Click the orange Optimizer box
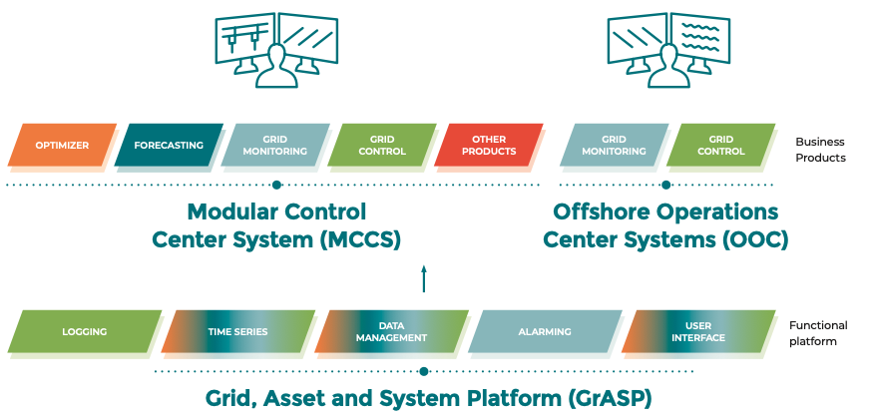point(62,146)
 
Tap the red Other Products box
point(488,146)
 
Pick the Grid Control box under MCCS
point(381,146)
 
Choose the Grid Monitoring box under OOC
point(613,146)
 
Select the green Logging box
point(84,332)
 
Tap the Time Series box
point(237,332)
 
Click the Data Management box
point(392,332)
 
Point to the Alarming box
point(545,332)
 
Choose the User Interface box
point(698,332)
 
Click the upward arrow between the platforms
point(424,278)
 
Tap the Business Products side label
point(820,150)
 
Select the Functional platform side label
point(818,333)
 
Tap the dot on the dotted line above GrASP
point(424,371)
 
